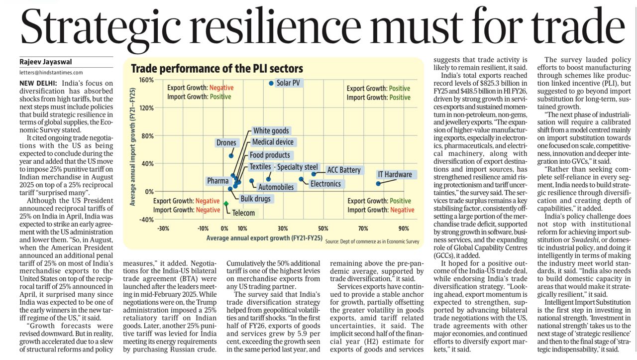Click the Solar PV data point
(271, 83)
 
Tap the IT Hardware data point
(378, 184)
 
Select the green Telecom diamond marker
(226, 203)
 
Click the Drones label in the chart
(226, 143)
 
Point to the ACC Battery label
(343, 170)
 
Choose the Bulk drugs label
(255, 199)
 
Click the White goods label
(271, 131)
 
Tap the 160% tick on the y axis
(146, 80)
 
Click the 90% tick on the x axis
(404, 229)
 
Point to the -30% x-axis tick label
(163, 229)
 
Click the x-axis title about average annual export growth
(264, 239)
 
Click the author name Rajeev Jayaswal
(46, 62)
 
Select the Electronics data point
(301, 179)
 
